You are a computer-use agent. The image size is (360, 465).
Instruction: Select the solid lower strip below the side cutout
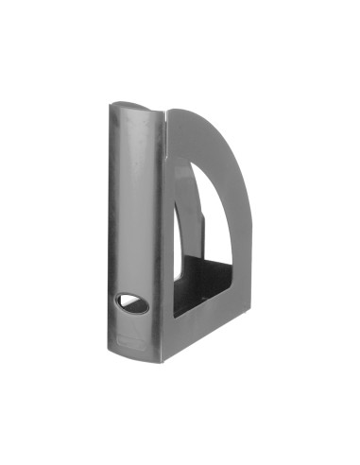pyautogui.click(x=203, y=317)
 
